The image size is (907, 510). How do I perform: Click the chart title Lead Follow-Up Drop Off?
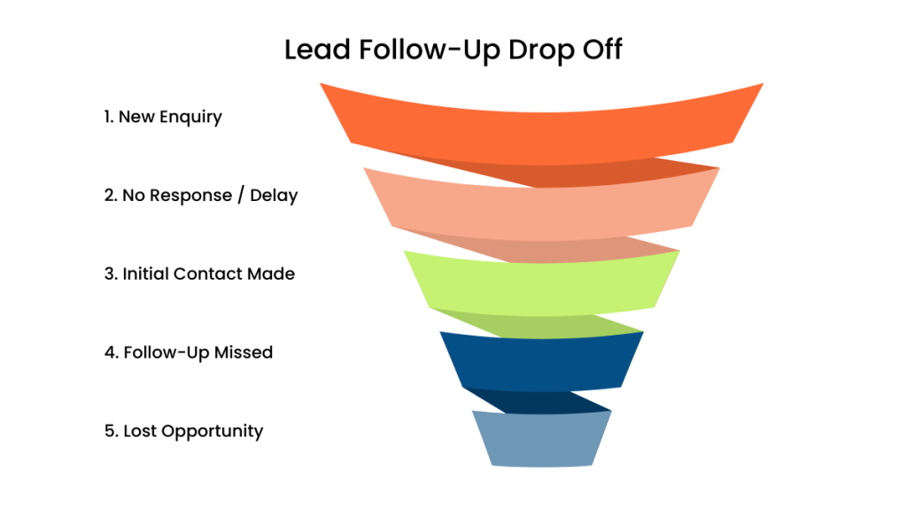(x=453, y=50)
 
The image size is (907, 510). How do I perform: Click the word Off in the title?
(x=600, y=50)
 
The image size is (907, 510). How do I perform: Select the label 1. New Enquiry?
(x=163, y=117)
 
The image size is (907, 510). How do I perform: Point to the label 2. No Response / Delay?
(x=201, y=196)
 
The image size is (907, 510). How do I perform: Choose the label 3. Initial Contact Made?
(x=199, y=274)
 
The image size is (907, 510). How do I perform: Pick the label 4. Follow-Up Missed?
(x=188, y=352)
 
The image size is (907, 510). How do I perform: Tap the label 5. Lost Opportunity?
(x=183, y=431)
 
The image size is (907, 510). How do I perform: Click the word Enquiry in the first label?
(x=190, y=117)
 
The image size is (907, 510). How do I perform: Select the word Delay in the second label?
(x=274, y=196)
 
